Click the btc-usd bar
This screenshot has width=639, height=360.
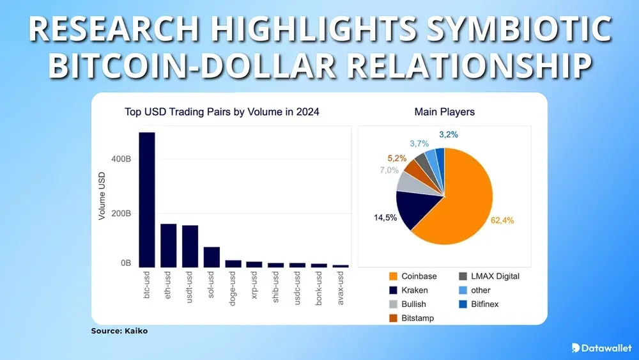[x=147, y=200]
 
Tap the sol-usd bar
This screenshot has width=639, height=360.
[x=212, y=256]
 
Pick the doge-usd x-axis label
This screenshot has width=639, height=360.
[x=233, y=288]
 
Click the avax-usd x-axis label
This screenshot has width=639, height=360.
[x=342, y=288]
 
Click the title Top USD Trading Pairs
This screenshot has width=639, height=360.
[x=222, y=113]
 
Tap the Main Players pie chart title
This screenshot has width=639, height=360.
[x=444, y=113]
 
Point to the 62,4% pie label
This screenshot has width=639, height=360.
[x=502, y=221]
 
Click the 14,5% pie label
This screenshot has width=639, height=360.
[x=385, y=218]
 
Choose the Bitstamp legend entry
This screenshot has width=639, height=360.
[x=413, y=317]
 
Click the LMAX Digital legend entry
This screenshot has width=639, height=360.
[x=489, y=276]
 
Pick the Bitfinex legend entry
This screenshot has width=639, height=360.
[x=484, y=304]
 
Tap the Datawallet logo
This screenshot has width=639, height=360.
[x=601, y=347]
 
